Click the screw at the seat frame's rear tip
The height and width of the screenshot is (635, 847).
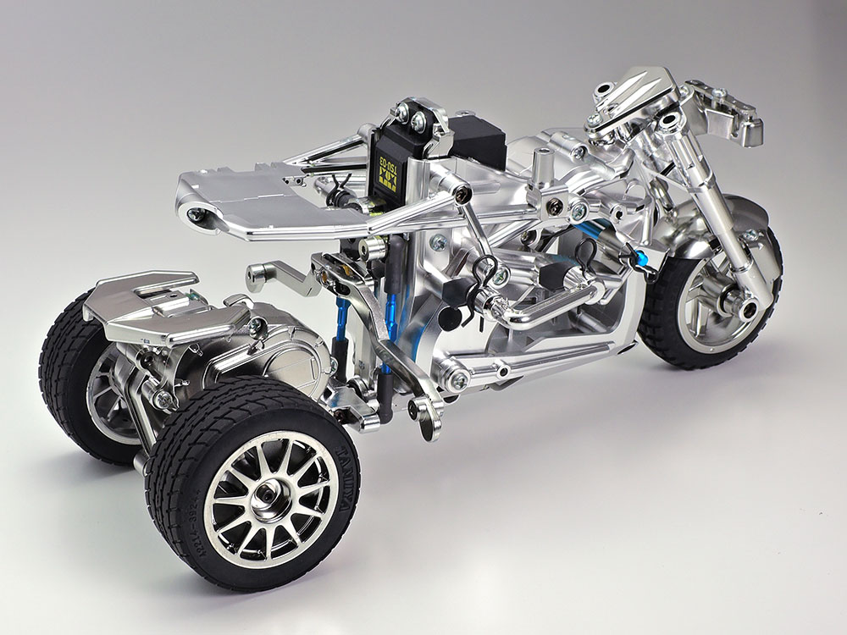pyautogui.click(x=197, y=214)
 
